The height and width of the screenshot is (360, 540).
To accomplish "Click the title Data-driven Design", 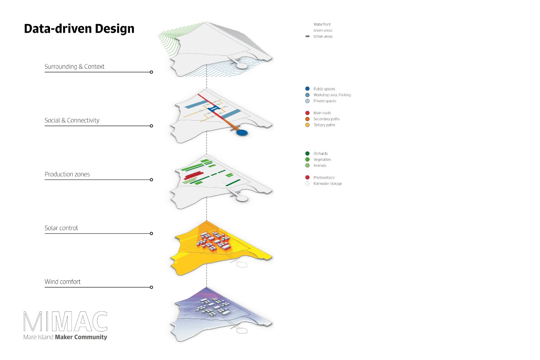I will click(79, 29).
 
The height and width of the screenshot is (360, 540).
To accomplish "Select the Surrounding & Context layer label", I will click(75, 67).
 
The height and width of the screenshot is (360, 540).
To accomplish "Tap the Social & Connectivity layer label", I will click(72, 121).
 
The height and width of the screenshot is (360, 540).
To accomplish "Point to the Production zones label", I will click(67, 174).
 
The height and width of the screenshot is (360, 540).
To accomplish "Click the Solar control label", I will click(61, 228).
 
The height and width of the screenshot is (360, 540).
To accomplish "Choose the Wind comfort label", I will click(63, 282).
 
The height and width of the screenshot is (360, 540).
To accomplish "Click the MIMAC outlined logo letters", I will click(66, 321).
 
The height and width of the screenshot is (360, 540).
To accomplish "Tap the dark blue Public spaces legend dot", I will click(307, 89).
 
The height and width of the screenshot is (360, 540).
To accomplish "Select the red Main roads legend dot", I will click(307, 113).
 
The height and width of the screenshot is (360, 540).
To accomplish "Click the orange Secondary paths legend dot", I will click(307, 119).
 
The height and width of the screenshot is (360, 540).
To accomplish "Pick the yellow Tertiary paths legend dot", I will click(307, 125).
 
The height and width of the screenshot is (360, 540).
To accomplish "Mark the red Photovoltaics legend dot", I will click(307, 177).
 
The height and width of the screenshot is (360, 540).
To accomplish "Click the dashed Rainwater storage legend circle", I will click(307, 184).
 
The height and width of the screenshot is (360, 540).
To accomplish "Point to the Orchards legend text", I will click(320, 154).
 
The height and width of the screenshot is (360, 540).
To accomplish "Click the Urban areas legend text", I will click(323, 36).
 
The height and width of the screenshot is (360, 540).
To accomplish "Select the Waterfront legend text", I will click(322, 24).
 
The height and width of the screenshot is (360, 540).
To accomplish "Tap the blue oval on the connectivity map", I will click(242, 132).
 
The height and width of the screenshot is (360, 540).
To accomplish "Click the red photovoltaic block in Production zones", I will click(193, 175).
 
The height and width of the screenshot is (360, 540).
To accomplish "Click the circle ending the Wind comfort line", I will click(152, 287).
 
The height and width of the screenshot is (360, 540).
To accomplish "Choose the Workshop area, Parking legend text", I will click(332, 95).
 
